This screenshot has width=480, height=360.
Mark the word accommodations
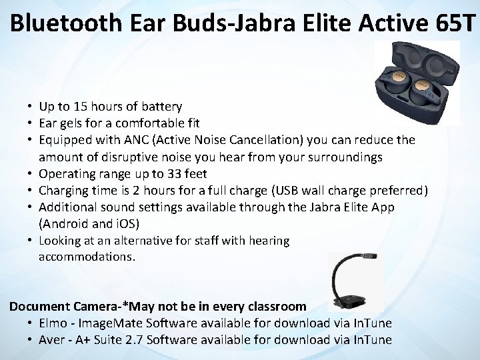(x=87, y=257)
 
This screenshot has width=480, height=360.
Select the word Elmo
(x=53, y=323)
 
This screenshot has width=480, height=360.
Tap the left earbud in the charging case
(x=396, y=85)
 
